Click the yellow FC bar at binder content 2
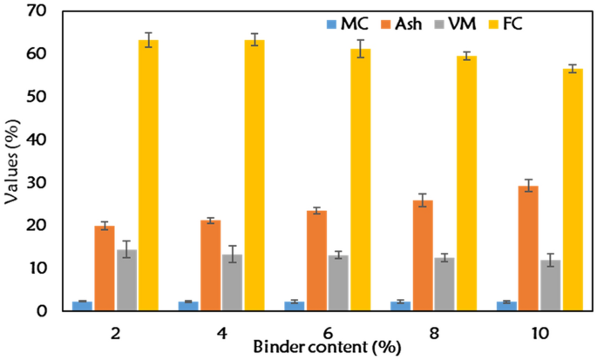point(148,174)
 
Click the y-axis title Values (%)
point(12,161)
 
